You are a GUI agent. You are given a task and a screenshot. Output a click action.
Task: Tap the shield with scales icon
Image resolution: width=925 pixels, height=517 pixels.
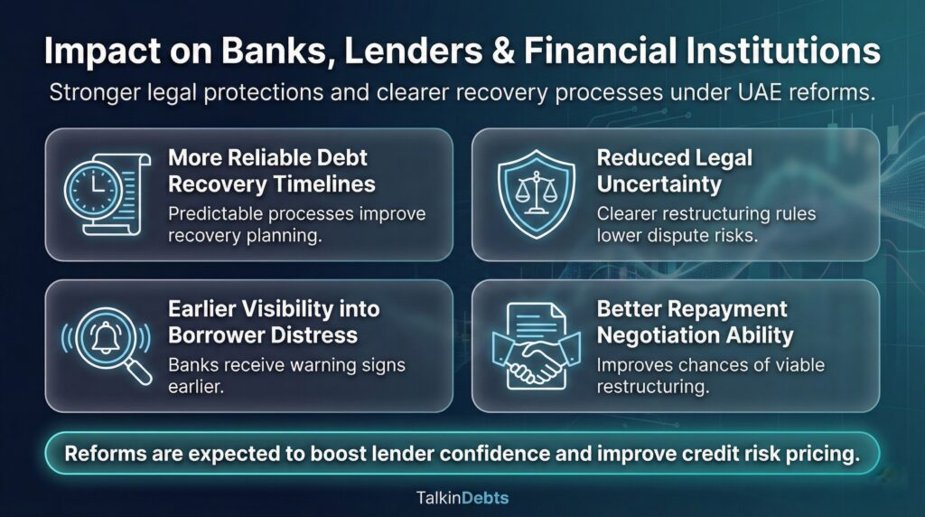coord(536,193)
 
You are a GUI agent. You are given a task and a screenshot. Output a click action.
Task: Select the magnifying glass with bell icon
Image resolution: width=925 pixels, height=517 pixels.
coord(105,346)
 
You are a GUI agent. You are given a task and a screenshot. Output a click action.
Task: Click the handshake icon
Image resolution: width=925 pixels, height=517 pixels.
coord(536,346)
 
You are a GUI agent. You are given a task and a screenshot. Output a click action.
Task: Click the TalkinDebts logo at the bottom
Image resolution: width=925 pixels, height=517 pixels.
coord(462,497)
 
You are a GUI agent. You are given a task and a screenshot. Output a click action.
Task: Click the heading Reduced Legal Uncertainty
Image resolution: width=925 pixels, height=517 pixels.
coord(674,171)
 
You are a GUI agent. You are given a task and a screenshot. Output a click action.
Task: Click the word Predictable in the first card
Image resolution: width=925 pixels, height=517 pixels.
coord(213,214)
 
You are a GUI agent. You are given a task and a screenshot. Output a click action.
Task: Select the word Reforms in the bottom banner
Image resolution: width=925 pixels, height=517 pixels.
coord(102,454)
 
